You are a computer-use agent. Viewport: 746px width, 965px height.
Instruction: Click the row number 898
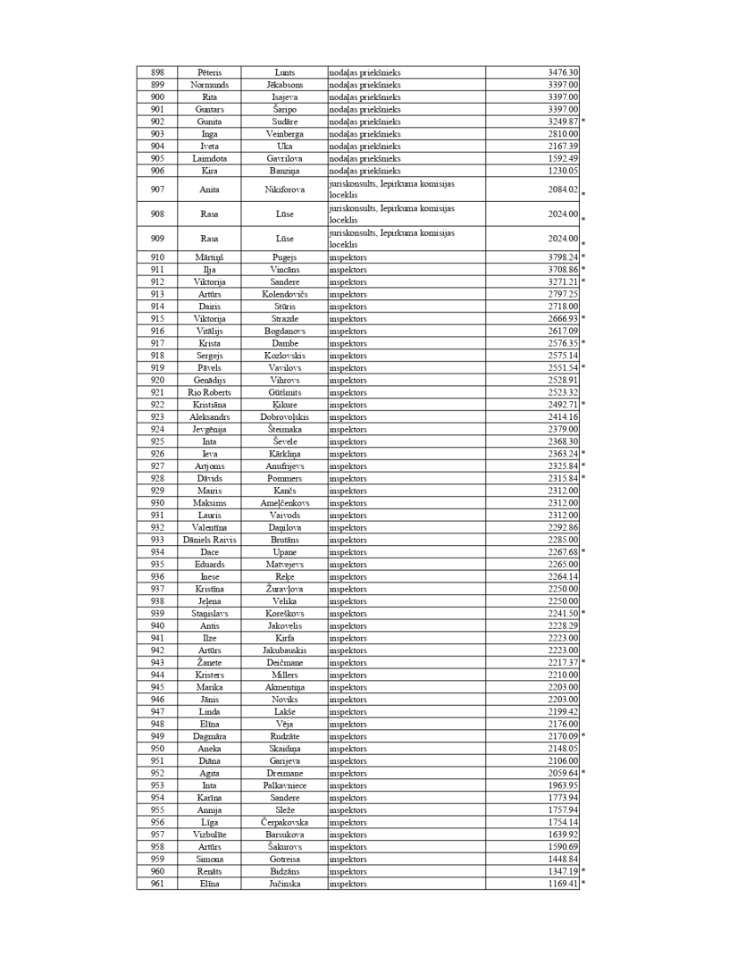coord(157,72)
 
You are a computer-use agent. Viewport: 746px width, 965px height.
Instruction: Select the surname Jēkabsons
coord(285,85)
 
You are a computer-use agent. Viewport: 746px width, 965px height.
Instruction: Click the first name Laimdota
coord(209,158)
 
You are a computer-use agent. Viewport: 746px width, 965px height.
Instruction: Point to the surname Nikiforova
coord(285,189)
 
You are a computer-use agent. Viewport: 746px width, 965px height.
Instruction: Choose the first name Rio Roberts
coord(209,392)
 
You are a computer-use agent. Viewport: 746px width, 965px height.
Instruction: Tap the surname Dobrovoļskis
coord(285,416)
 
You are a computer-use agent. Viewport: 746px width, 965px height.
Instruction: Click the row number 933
coord(157,540)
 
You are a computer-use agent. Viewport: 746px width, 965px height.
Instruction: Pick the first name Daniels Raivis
coord(209,540)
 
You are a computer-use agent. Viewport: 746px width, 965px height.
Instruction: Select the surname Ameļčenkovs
coord(285,503)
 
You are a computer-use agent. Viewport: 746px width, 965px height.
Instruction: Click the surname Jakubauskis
coord(285,650)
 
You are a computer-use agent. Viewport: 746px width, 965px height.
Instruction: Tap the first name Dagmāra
coord(209,736)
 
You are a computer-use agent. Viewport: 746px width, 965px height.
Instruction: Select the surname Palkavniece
coord(285,785)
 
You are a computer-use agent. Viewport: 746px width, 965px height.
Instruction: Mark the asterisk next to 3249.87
coord(583,122)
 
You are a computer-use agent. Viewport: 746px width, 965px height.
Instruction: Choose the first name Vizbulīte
coord(209,835)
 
